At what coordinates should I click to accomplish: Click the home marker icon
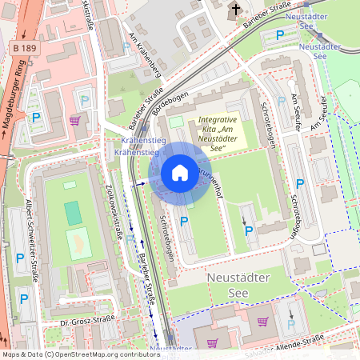point(180,173)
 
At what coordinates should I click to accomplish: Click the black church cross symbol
point(236,10)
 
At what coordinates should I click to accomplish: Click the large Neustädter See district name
point(240,283)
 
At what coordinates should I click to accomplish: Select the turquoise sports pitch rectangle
point(73,213)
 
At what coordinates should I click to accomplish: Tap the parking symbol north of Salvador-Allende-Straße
point(290,326)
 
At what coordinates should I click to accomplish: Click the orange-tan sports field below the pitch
point(79,242)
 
